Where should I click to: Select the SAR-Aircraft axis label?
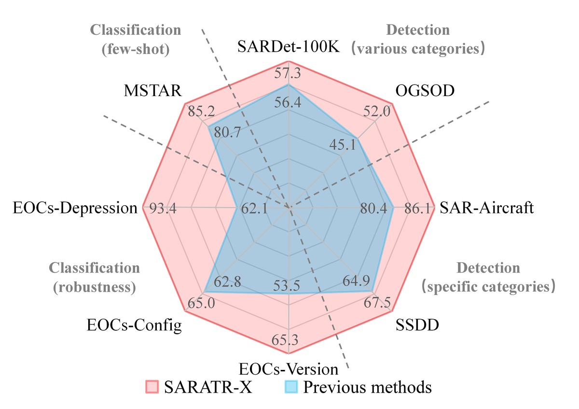[x=487, y=208]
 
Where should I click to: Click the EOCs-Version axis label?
[x=289, y=369]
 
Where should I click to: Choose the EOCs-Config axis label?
[x=135, y=325]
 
